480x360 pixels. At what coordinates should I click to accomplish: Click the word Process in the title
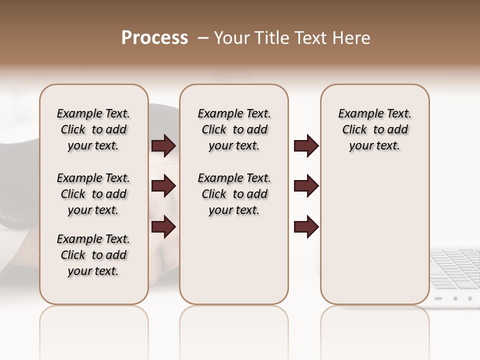[154, 38]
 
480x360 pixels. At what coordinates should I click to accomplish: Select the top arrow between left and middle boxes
[163, 146]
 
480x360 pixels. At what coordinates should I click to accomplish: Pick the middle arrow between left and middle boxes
[163, 186]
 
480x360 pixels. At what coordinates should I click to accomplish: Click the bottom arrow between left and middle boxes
[163, 226]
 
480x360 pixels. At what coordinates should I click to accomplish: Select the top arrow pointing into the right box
[306, 146]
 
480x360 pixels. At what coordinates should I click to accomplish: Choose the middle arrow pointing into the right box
[306, 186]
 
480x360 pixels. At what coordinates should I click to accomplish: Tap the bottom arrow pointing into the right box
[306, 226]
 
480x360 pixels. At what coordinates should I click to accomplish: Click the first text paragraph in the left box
[93, 129]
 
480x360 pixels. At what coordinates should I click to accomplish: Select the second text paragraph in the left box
[93, 194]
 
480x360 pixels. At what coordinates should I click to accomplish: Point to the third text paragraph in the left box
[93, 255]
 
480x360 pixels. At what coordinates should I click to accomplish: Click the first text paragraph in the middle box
[234, 129]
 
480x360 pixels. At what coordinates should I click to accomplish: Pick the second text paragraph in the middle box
[234, 194]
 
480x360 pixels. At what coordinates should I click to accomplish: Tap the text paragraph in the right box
[374, 129]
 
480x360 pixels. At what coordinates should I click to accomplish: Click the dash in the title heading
[202, 38]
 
